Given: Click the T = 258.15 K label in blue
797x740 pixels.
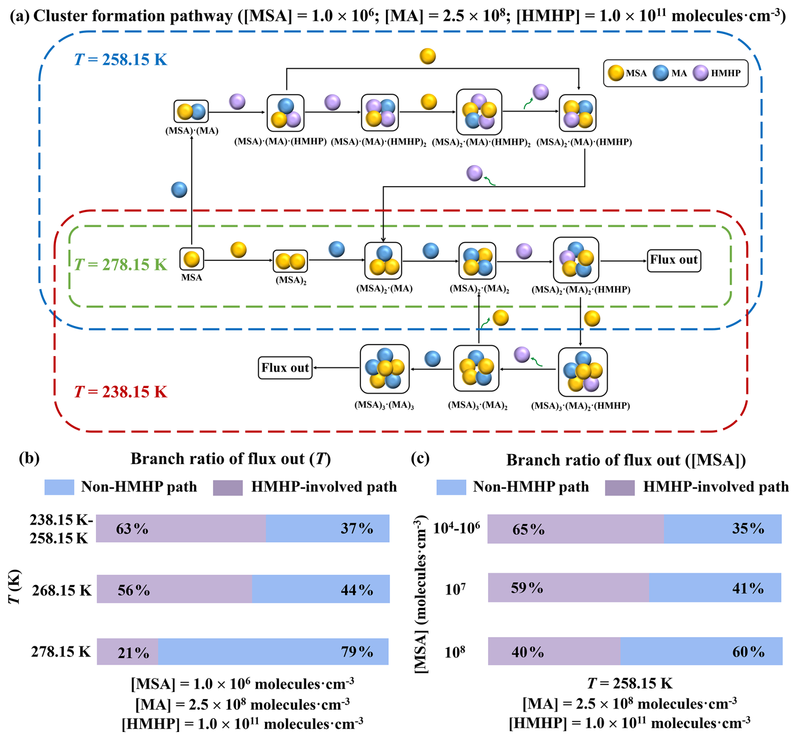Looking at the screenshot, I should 120,59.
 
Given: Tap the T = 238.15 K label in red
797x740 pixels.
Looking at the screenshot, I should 120,392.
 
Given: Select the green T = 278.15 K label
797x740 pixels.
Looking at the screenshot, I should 120,264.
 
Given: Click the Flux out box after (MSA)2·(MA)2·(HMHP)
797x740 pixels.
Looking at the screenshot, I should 674,260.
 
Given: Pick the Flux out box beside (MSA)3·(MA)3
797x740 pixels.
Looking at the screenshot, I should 285,368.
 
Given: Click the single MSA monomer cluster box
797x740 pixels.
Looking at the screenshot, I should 192,259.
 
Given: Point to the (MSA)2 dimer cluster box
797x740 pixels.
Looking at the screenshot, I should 290,261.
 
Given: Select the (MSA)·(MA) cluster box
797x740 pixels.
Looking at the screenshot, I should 191,112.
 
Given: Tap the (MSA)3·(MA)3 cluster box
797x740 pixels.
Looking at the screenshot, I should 385,369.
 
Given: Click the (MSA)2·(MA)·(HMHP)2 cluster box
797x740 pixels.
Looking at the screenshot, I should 479,112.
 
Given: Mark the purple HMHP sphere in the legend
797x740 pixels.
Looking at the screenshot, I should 701,73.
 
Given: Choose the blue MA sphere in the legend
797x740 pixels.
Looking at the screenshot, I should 661,73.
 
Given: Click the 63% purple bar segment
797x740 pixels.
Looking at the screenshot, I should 181,528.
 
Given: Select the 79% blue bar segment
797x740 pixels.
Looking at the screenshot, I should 273,652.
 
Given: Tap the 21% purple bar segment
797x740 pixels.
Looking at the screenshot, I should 128,652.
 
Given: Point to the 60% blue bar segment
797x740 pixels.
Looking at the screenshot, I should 701,652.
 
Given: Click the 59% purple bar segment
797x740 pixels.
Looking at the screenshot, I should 568,588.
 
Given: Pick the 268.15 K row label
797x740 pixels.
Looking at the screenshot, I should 62,590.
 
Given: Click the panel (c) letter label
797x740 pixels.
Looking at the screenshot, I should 420,458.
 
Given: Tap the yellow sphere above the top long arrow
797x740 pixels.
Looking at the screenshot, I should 428,56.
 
